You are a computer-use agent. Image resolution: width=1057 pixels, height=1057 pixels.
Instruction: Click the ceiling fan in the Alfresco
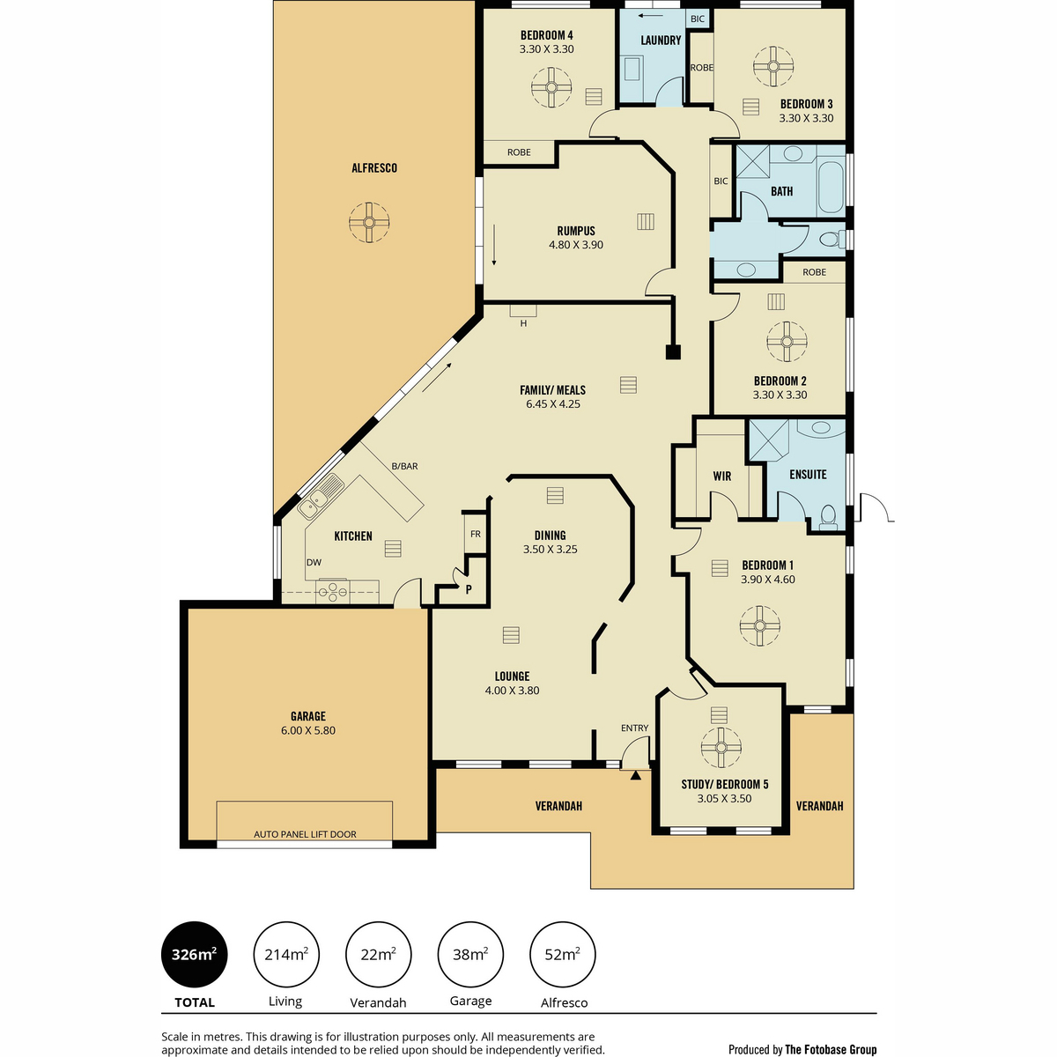click(x=369, y=222)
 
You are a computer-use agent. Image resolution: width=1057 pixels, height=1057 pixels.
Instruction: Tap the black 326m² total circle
click(x=194, y=954)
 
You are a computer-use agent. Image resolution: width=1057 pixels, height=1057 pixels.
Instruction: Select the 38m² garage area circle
click(x=470, y=954)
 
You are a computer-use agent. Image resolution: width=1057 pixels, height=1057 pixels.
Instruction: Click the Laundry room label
click(x=661, y=40)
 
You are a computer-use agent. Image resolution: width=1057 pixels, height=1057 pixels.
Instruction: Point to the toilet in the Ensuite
click(x=828, y=516)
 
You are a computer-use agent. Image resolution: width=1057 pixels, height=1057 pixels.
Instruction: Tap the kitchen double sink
click(x=320, y=497)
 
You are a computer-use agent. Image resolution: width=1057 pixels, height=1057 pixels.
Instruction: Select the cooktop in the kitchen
click(x=332, y=591)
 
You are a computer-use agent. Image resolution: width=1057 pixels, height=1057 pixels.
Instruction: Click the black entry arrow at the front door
click(x=635, y=776)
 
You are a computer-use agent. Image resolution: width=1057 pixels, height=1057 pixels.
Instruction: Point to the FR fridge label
click(x=475, y=534)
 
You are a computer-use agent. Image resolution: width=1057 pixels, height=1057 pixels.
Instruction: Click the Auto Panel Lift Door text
click(x=305, y=834)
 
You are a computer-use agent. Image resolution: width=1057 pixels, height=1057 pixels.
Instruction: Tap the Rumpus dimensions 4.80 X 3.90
click(x=576, y=245)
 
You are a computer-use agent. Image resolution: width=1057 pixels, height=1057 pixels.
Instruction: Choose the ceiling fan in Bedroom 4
click(x=551, y=87)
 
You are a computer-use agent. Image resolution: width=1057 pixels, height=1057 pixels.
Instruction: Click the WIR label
click(x=722, y=477)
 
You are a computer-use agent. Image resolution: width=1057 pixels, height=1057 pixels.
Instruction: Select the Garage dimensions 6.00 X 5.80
click(x=307, y=730)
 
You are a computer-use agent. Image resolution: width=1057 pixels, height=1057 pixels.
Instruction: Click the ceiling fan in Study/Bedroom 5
click(x=721, y=747)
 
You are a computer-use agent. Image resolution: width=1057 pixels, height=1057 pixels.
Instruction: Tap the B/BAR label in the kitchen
click(x=404, y=466)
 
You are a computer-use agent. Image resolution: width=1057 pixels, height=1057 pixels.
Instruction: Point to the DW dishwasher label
click(x=314, y=562)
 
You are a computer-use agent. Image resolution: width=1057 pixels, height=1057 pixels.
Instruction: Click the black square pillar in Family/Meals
click(x=673, y=351)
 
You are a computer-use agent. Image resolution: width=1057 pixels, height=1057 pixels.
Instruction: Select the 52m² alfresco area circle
click(x=562, y=954)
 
